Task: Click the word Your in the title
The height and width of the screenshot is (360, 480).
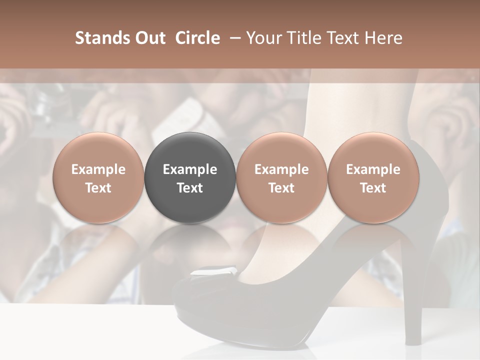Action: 264,38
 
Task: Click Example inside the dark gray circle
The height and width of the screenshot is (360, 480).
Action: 190,169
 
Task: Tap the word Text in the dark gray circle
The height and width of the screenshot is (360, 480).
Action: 190,188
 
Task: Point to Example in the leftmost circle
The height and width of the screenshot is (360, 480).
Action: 98,169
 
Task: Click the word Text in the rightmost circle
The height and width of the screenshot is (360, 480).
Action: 373,188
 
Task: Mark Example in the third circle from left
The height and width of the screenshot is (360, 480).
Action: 281,169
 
